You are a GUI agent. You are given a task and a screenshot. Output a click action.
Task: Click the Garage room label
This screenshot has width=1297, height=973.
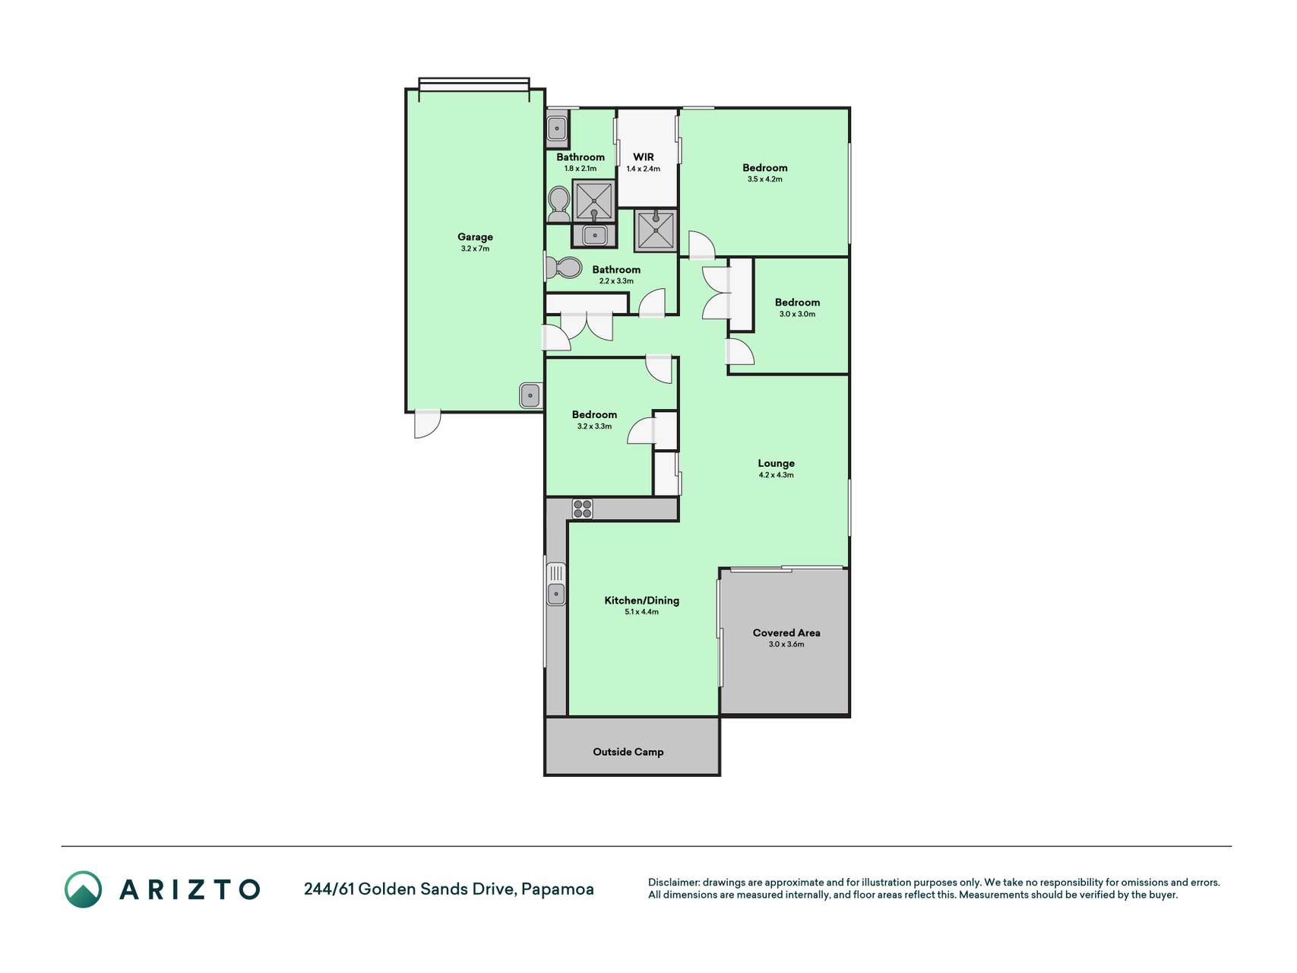coord(475,237)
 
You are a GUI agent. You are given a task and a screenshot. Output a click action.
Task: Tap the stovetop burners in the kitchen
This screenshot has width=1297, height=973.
coord(583,509)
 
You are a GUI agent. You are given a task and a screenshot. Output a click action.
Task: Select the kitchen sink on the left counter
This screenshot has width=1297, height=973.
coord(556,584)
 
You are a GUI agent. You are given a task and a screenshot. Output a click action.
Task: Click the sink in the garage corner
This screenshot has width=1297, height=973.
coord(530,395)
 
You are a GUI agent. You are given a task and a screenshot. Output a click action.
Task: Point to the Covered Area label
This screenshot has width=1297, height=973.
coord(786,632)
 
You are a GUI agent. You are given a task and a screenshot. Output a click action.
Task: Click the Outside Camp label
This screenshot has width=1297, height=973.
coord(628,752)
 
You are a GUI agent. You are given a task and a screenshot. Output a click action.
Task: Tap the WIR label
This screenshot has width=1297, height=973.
coord(644,157)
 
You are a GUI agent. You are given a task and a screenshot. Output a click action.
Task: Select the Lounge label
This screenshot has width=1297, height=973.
coord(776,463)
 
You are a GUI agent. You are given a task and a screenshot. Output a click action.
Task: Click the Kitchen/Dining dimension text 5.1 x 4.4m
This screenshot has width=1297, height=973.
coord(641,612)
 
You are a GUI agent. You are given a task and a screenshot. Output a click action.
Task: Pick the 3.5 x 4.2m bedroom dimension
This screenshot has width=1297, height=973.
coord(764,179)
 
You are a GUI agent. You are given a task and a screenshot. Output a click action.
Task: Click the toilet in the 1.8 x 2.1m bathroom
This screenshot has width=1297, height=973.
coord(558,204)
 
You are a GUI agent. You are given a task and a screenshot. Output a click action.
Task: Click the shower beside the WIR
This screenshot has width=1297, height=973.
coord(655,230)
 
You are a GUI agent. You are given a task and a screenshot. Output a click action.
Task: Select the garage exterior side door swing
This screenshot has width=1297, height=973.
coord(428,424)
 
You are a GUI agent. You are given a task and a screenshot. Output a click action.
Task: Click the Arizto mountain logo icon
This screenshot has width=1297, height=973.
coord(83,889)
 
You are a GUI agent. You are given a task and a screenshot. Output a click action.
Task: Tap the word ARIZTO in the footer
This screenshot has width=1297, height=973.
coord(190,889)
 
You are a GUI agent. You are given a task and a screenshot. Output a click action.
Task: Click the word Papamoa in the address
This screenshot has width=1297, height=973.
coord(558,889)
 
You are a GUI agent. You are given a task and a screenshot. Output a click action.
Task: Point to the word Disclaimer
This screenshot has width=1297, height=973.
coord(673,883)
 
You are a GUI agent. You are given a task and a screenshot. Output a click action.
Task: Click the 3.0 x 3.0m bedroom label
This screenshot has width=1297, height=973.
coord(797,303)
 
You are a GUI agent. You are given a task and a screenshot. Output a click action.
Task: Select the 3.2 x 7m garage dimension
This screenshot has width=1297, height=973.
coord(475,249)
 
